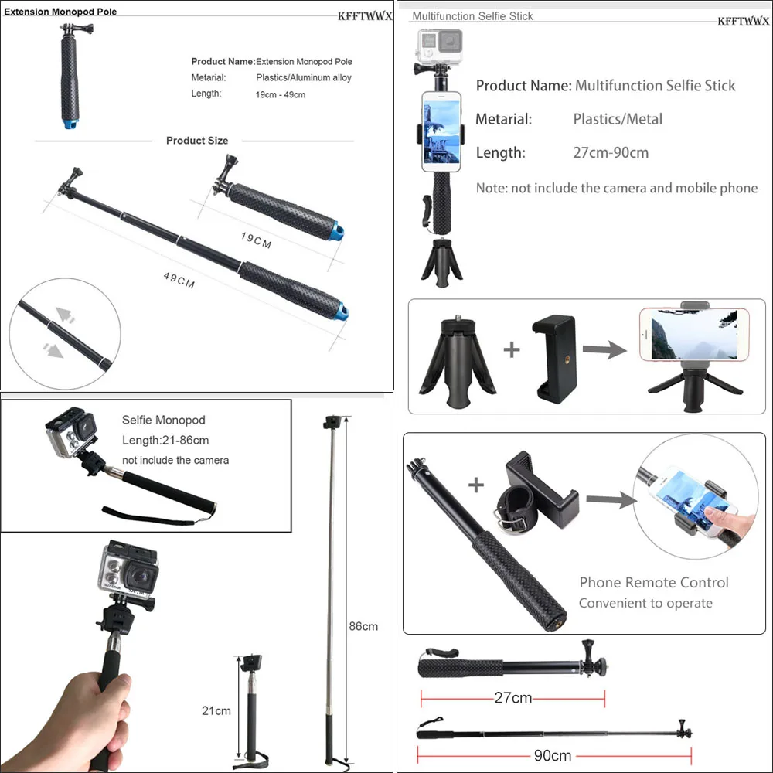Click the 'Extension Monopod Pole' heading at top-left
click(61, 12)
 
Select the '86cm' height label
click(363, 626)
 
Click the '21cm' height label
click(216, 711)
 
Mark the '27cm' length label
click(513, 698)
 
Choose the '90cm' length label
click(552, 755)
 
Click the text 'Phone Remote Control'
click(654, 583)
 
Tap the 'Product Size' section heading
click(197, 141)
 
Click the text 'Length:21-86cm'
click(165, 440)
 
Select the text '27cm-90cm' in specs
click(611, 152)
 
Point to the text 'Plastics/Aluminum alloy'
click(304, 77)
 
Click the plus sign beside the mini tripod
click(512, 349)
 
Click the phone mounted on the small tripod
click(693, 334)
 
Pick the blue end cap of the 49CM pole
click(340, 314)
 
